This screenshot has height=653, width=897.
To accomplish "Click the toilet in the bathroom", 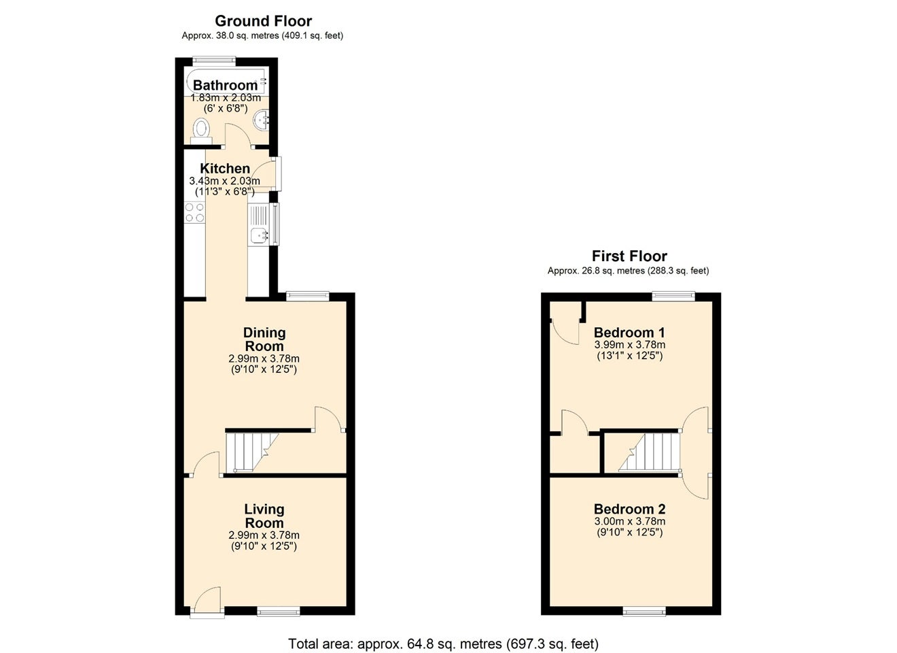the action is tap(202, 131).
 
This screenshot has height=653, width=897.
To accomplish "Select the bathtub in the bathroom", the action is tap(226, 82).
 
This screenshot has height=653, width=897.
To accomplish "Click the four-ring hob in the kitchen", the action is tap(194, 212).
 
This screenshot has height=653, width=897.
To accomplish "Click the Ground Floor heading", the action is tap(263, 20).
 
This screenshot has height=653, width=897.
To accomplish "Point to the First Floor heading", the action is tap(629, 256).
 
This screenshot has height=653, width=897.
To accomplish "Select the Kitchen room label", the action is tap(225, 169).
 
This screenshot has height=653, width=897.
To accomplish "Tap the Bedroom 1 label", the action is tap(629, 333).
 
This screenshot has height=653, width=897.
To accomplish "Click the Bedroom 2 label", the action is tap(629, 509).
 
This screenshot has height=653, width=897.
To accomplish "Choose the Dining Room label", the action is tap(264, 339).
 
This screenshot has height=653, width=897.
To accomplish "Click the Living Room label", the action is tap(264, 516).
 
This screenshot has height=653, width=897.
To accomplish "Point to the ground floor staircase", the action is tap(252, 452).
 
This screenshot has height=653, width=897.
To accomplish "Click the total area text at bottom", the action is tap(443, 643).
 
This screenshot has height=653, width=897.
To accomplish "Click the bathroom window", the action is tap(214, 61).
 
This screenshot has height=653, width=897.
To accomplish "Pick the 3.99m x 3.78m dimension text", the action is tap(630, 344).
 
